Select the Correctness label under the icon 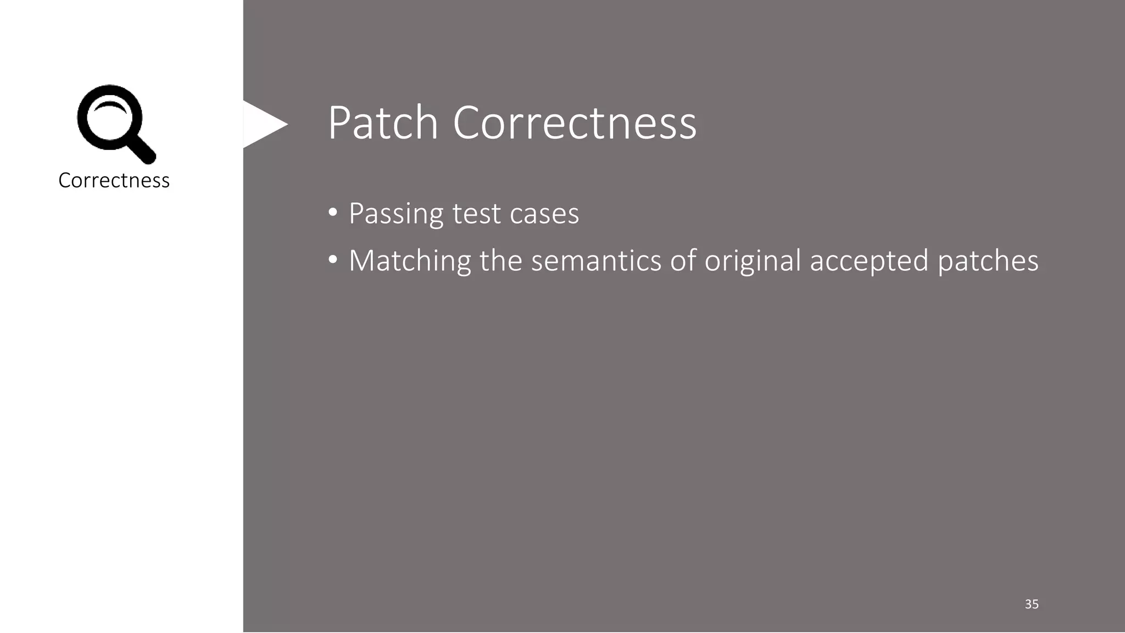coord(114,180)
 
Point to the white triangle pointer coord(263,124)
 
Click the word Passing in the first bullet coord(396,214)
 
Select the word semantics coord(596,260)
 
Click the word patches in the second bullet coord(988,260)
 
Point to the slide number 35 coord(1032,604)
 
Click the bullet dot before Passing coord(332,213)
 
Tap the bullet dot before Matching coord(332,260)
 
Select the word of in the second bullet coord(683,260)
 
